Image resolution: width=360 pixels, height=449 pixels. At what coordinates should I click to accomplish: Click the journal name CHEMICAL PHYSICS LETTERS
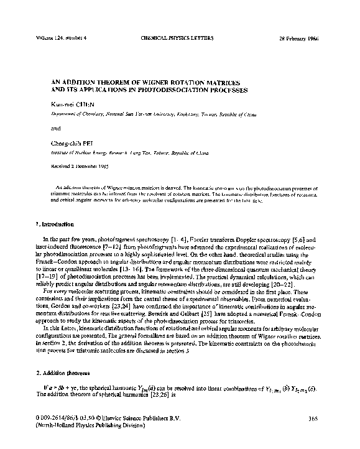point(178,37)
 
